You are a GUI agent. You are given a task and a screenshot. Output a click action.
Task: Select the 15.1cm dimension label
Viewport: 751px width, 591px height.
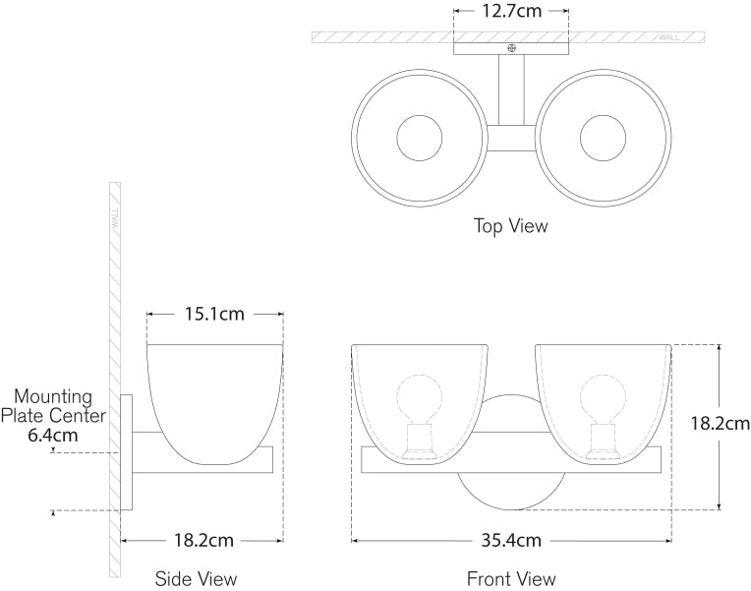pyautogui.click(x=214, y=315)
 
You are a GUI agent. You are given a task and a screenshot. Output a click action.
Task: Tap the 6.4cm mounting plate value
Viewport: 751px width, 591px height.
pyautogui.click(x=53, y=435)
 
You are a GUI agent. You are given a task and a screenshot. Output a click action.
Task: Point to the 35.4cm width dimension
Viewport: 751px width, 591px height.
pyautogui.click(x=511, y=541)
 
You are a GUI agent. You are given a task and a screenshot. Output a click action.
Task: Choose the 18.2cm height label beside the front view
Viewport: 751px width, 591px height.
pyautogui.click(x=720, y=425)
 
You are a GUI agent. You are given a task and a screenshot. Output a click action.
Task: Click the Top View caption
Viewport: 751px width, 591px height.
pyautogui.click(x=511, y=226)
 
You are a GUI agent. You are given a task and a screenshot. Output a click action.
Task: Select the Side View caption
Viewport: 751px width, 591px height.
pyautogui.click(x=197, y=578)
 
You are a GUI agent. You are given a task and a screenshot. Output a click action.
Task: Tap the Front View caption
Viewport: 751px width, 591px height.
pyautogui.click(x=511, y=578)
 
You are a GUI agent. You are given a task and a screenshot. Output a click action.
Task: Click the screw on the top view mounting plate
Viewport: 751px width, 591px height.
pyautogui.click(x=511, y=47)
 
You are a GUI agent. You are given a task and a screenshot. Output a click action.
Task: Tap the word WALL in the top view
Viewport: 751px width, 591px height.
pyautogui.click(x=669, y=37)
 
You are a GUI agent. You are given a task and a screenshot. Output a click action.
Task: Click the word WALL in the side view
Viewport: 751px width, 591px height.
pyautogui.click(x=115, y=217)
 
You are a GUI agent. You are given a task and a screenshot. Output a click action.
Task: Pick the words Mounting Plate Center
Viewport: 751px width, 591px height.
pyautogui.click(x=53, y=406)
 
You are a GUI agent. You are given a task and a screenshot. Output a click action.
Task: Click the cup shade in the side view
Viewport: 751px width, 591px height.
pyautogui.click(x=214, y=393)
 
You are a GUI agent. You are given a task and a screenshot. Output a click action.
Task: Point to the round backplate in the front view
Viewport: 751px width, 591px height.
pyautogui.click(x=511, y=487)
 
